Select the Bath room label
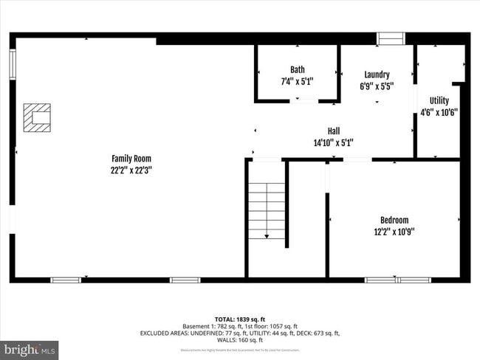point(297,69)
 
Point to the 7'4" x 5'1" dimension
point(297,81)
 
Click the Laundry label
point(377,75)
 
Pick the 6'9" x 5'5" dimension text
point(377,86)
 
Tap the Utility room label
point(439,101)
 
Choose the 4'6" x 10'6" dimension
point(439,113)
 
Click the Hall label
point(333,131)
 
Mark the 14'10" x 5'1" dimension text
point(333,142)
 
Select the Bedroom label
point(394,220)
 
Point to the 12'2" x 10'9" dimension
point(394,231)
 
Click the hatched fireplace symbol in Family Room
point(37,117)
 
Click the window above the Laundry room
point(391,38)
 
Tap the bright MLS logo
point(30,349)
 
